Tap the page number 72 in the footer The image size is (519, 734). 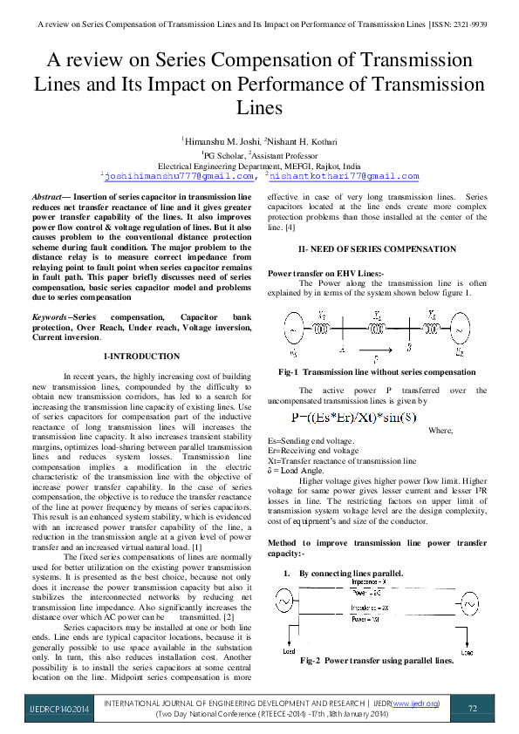473,708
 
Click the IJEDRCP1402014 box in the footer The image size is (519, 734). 49,708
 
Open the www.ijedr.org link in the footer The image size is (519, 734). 415,703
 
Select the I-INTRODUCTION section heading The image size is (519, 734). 141,357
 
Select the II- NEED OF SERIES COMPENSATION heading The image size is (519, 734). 377,249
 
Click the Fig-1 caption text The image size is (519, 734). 377,372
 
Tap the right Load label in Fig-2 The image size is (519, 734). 468,650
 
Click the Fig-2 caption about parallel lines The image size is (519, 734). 377,661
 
